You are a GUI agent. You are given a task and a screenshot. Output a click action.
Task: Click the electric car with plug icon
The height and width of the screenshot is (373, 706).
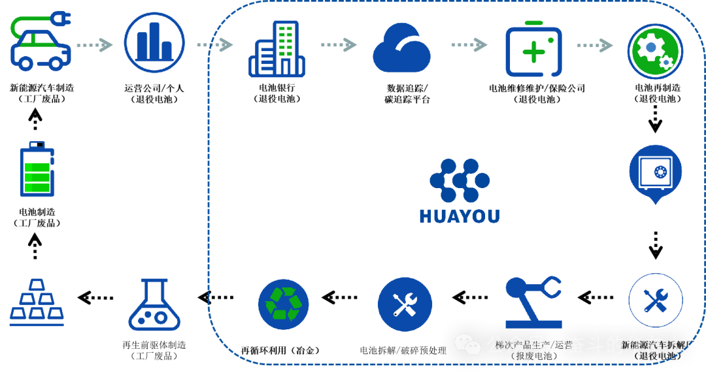pos(41,42)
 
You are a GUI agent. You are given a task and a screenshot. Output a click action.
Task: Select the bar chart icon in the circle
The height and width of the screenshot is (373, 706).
pos(154,42)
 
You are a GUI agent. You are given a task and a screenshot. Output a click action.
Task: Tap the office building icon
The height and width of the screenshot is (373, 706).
pos(277,49)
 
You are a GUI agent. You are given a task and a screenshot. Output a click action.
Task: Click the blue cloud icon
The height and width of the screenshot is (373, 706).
pos(401,48)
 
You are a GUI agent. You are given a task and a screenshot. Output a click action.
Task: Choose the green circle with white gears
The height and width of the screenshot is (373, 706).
pos(655,51)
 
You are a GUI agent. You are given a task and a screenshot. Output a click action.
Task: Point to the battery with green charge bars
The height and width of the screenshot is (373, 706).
pos(37,170)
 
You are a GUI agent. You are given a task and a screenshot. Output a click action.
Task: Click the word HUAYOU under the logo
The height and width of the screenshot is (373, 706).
pos(460,216)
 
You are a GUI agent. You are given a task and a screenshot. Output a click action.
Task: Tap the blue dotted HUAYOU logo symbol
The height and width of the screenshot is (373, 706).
pos(460,180)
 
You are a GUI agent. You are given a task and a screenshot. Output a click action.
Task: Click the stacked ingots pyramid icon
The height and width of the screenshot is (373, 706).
pos(37,303)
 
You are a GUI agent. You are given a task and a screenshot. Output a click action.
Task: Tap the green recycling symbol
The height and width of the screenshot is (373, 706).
pos(283,304)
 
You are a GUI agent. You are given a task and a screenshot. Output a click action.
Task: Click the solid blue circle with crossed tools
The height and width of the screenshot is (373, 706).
pos(405,304)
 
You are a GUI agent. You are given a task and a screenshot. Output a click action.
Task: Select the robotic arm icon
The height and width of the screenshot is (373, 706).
pos(533,302)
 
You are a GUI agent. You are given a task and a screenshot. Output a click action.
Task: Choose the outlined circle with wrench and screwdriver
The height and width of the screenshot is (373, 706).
pos(655,300)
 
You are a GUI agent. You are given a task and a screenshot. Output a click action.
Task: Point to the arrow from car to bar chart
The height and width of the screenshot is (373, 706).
pos(95,44)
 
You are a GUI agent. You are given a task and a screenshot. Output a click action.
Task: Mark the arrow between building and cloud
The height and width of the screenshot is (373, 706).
pos(339,44)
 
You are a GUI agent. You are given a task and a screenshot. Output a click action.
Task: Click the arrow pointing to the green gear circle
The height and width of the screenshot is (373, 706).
pos(594,45)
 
